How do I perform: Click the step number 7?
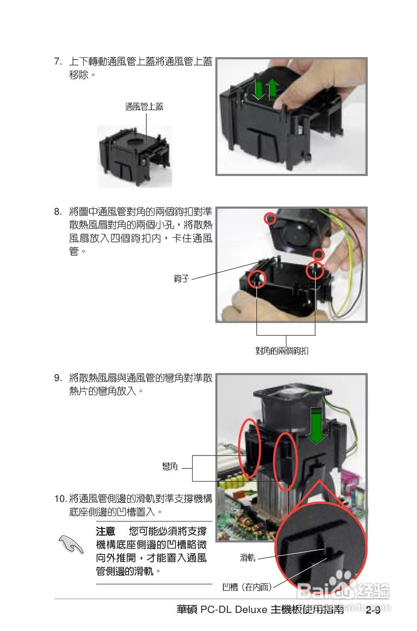pyautogui.click(x=58, y=62)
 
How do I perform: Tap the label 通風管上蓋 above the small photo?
pyautogui.click(x=144, y=106)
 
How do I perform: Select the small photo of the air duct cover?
pyautogui.click(x=134, y=156)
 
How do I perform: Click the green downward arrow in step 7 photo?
pyautogui.click(x=257, y=89)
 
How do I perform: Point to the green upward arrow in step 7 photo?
pyautogui.click(x=272, y=89)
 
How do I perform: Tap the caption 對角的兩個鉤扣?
pyautogui.click(x=282, y=351)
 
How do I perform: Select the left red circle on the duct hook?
pyautogui.click(x=256, y=280)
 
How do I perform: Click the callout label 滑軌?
pyautogui.click(x=247, y=558)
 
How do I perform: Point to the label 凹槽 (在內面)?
pyautogui.click(x=246, y=587)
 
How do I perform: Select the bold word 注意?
pyautogui.click(x=105, y=532)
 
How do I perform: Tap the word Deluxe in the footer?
pyautogui.click(x=251, y=610)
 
